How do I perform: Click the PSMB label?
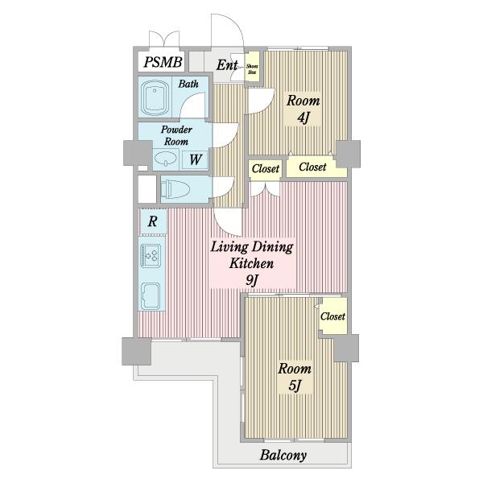click(164, 63)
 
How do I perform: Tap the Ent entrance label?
click(226, 65)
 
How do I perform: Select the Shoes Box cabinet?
click(252, 68)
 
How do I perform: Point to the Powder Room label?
click(175, 135)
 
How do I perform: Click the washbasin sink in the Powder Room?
click(168, 159)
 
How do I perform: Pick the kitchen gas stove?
click(151, 255)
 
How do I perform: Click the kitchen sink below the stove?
click(151, 296)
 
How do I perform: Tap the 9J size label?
click(252, 280)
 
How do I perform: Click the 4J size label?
click(303, 118)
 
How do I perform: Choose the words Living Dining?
click(252, 246)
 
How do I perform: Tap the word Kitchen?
click(252, 263)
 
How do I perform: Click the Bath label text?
click(188, 83)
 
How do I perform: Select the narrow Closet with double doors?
click(266, 169)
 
